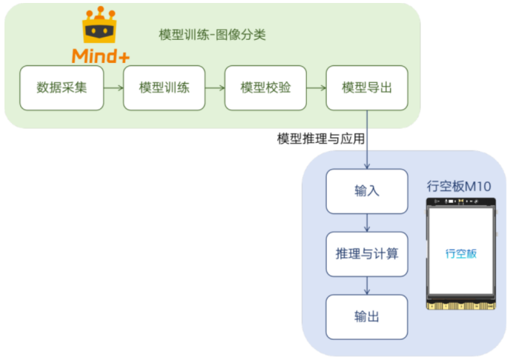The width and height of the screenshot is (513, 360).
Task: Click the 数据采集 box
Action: [62, 88]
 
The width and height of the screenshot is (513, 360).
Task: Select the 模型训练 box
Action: [163, 88]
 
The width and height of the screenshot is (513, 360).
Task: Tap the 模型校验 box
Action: [265, 88]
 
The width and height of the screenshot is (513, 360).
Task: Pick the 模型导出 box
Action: [367, 88]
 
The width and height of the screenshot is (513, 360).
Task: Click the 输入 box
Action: [367, 190]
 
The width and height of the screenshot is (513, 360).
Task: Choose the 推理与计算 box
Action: [367, 254]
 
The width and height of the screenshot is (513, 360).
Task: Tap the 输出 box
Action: [367, 317]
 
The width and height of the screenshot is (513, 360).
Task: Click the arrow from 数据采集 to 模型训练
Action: [113, 88]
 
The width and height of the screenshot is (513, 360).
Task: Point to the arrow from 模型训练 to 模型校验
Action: [214, 88]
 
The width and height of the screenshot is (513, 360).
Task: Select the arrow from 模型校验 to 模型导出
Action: [316, 88]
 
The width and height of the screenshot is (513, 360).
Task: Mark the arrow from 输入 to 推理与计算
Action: [367, 221]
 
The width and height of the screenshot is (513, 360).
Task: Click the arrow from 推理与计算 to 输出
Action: [367, 285]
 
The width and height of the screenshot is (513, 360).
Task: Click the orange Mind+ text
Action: [101, 56]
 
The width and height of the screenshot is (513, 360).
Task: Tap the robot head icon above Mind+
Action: [101, 27]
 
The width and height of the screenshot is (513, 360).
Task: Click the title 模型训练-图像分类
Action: [212, 35]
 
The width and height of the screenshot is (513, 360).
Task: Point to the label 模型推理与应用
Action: [320, 139]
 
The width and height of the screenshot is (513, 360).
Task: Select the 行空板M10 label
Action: [459, 184]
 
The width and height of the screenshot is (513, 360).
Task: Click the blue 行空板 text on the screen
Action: [460, 253]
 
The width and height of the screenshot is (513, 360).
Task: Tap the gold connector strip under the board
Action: [460, 304]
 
